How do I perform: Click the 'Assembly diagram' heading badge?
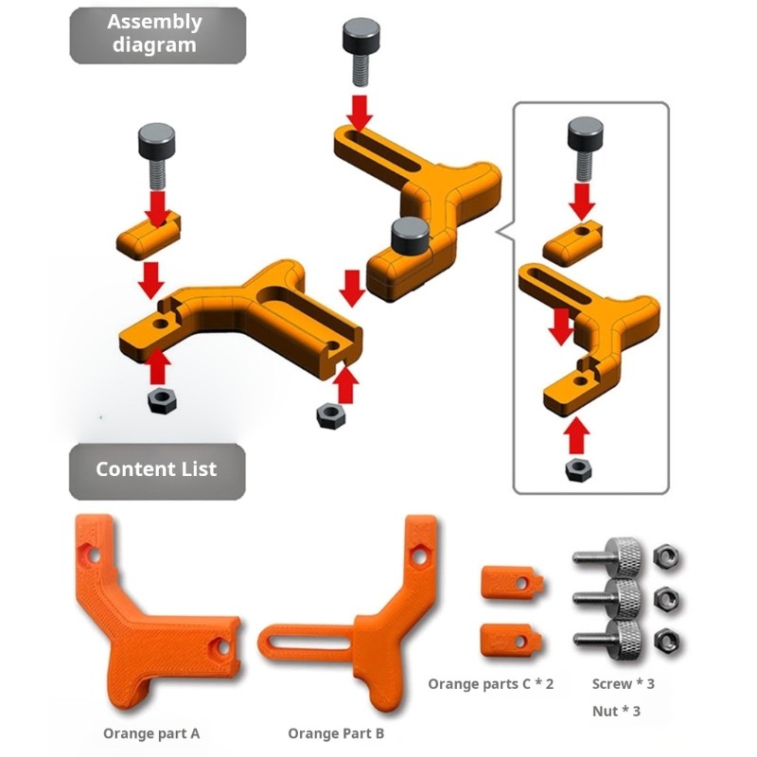[x=158, y=35]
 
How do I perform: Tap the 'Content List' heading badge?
[x=157, y=471]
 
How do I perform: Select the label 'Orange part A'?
[x=151, y=733]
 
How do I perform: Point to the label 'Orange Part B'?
[x=336, y=733]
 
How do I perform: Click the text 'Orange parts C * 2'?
[x=490, y=684]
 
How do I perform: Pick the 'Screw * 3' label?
[x=624, y=683]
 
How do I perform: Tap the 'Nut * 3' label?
[x=616, y=712]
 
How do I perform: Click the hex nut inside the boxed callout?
[x=578, y=470]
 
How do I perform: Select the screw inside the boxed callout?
[x=585, y=149]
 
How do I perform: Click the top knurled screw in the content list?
[x=608, y=556]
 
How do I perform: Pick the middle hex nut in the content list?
[x=666, y=599]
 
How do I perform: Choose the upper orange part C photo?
[x=512, y=583]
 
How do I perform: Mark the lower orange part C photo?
[x=511, y=641]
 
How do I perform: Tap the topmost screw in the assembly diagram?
[x=361, y=51]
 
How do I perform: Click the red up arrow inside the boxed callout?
[x=577, y=436]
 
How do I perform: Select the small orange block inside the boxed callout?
[x=572, y=243]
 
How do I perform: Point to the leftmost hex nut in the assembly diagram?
[x=162, y=400]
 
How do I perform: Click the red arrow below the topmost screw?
[x=360, y=113]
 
